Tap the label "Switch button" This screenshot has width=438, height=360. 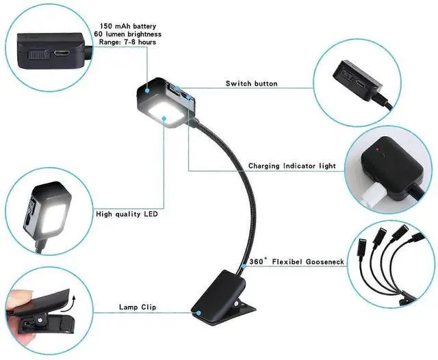coord(251,83)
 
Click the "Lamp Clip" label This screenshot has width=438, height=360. coord(138,307)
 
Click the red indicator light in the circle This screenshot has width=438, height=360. coord(376,149)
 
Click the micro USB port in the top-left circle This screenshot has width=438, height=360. coord(63,52)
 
